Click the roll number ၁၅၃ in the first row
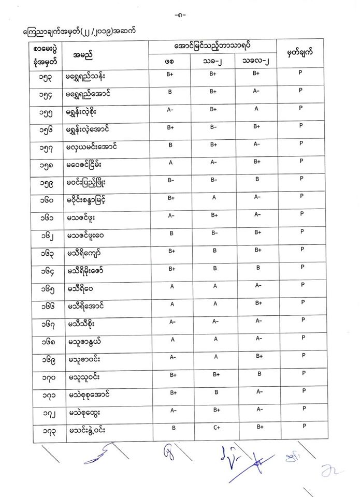(x=44, y=77)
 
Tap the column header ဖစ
(x=169, y=61)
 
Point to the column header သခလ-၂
(x=256, y=61)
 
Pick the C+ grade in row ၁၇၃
(x=213, y=428)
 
